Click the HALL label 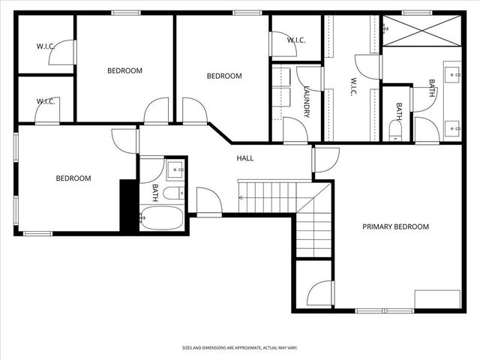click(x=244, y=158)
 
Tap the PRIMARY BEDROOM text click(x=395, y=226)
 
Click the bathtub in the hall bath click(x=160, y=219)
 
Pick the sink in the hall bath click(x=175, y=169)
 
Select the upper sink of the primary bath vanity click(x=453, y=74)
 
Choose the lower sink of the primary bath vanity click(x=453, y=128)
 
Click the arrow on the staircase click(x=241, y=196)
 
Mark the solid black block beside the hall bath click(x=127, y=203)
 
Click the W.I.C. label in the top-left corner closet click(x=46, y=46)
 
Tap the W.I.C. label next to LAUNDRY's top click(x=295, y=40)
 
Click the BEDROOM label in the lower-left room click(x=73, y=178)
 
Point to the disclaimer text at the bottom click(x=239, y=348)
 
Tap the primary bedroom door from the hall click(x=325, y=159)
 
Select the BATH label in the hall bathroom click(x=155, y=192)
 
